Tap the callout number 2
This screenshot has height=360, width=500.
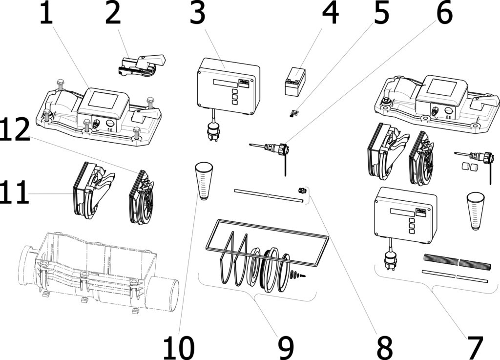[113, 14]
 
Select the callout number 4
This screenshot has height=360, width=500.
[331, 14]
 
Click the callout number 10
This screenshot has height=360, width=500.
[178, 347]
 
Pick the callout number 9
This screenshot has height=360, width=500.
[286, 347]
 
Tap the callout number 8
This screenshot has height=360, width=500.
[385, 347]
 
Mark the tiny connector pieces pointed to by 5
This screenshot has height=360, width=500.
[293, 113]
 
